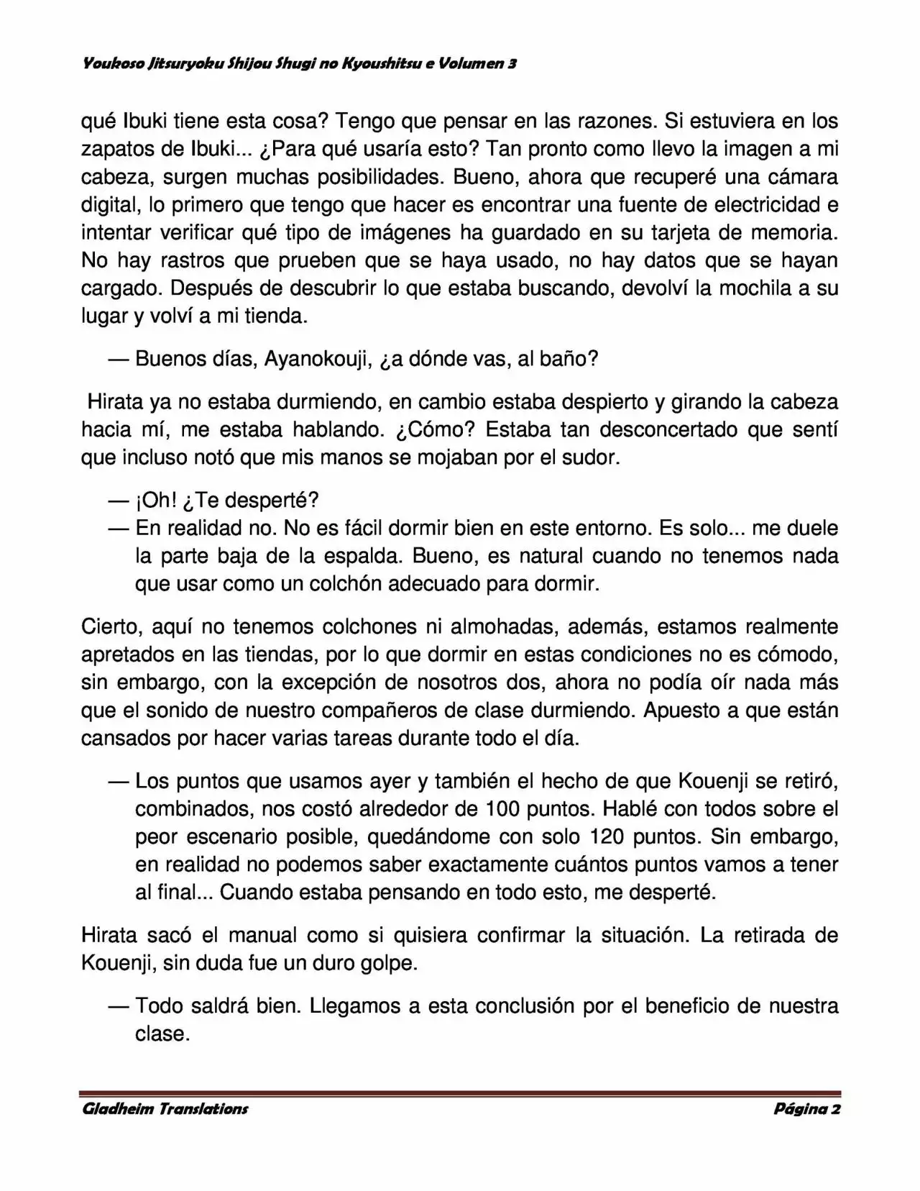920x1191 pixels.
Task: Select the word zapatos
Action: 123,149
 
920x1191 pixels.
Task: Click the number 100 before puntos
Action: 503,809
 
